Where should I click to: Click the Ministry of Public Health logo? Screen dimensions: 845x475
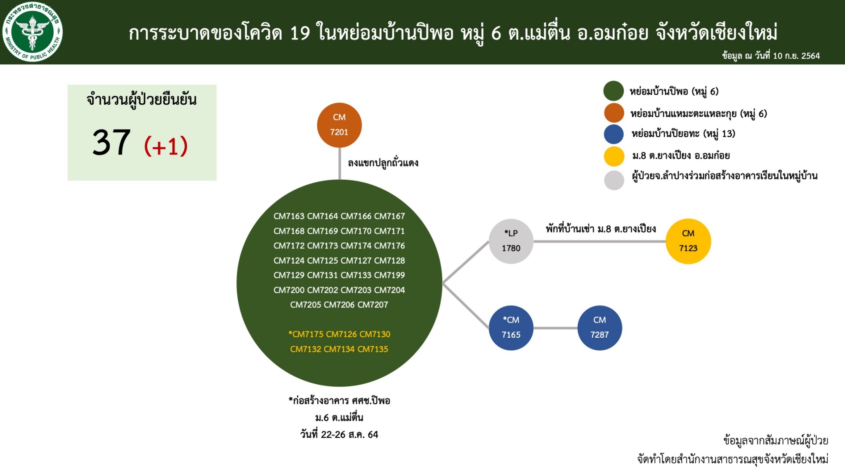coord(32,31)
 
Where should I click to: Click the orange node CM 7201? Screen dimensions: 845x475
coord(339,125)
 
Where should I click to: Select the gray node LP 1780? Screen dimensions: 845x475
coord(511,241)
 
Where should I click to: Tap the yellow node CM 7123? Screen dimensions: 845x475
coord(688,241)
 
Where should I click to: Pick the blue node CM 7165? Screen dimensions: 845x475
coord(511,328)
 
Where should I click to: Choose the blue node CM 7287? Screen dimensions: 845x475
coord(600,328)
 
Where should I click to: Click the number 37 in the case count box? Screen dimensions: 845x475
coord(111,142)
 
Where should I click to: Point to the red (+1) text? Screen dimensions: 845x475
coord(166,146)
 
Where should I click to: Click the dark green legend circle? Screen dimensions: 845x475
coord(614,91)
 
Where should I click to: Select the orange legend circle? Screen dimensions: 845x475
coord(614,113)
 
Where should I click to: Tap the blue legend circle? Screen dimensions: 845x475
coord(614,134)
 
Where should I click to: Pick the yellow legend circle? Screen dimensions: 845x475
coord(614,156)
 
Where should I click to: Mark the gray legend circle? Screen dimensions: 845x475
coord(614,180)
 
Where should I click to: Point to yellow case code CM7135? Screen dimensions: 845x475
coord(373,349)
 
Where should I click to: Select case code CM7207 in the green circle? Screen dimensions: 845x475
coord(373,305)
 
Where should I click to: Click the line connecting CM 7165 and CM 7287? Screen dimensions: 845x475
coord(555,328)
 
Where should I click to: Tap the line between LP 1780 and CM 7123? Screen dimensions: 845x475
coord(600,241)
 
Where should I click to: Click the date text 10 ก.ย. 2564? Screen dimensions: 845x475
coord(796,56)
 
